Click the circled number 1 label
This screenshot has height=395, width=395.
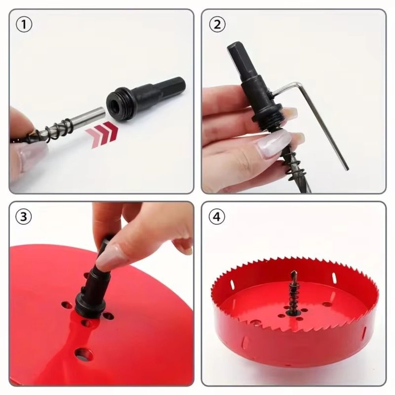[24, 24]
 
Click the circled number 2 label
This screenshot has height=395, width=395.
[217, 24]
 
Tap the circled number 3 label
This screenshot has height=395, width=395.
[24, 217]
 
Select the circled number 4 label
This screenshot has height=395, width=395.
[217, 217]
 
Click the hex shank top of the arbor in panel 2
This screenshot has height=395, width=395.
[236, 59]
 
